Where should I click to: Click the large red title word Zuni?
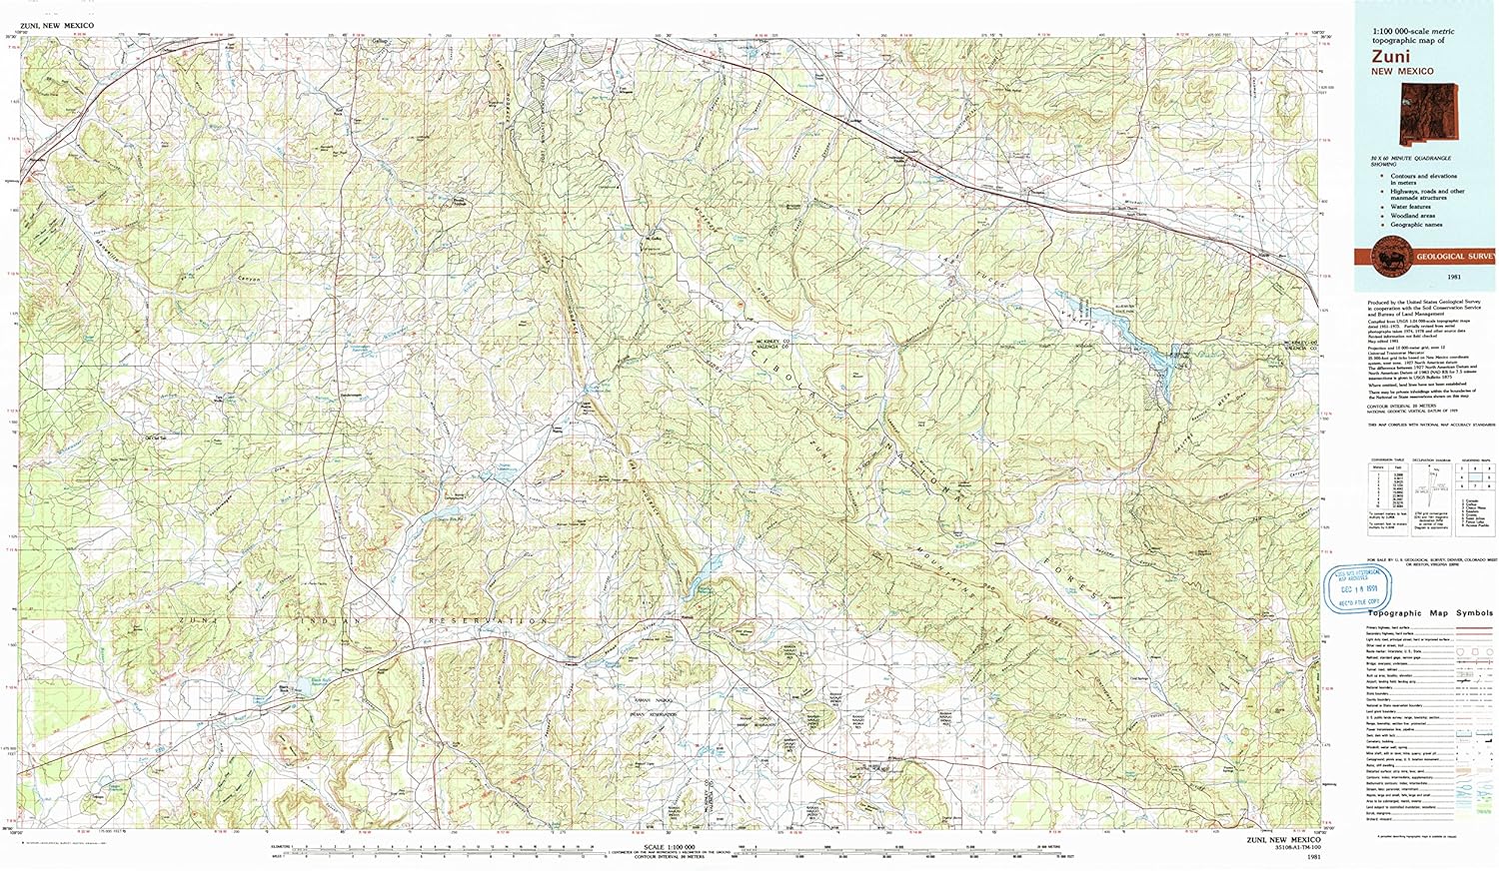pyautogui.click(x=1391, y=57)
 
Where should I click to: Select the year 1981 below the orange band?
pyautogui.click(x=1425, y=277)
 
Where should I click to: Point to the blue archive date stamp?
pyautogui.click(x=1357, y=588)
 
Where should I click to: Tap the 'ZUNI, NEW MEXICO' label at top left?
pyautogui.click(x=57, y=25)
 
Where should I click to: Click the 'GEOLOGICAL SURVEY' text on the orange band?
pyautogui.click(x=1455, y=257)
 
